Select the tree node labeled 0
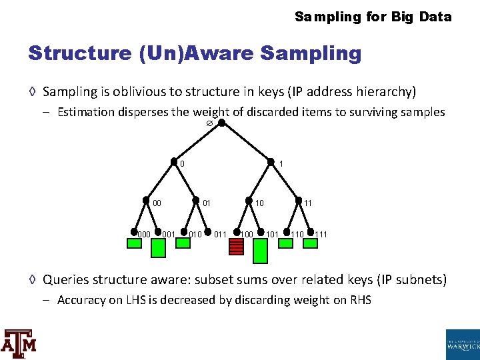click(175, 162)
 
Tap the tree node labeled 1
click(271, 162)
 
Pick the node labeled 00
click(146, 200)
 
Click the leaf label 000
click(143, 234)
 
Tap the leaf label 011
click(220, 234)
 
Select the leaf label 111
click(321, 234)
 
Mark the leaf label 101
click(272, 234)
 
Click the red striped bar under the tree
click(236, 247)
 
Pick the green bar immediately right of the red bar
click(260, 251)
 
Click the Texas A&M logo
click(19, 343)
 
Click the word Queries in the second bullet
click(66, 279)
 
